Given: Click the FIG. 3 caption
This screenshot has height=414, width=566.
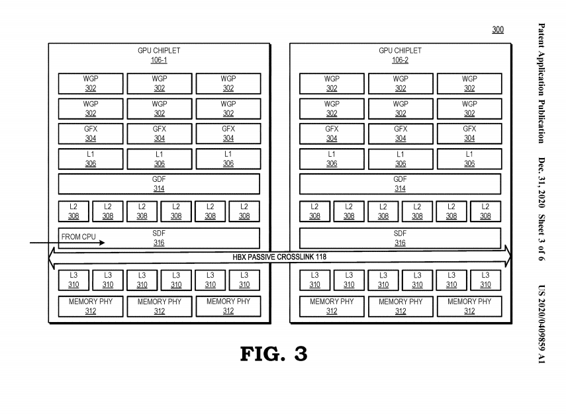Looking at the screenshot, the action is (274, 353).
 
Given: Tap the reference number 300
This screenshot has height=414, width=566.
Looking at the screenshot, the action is (498, 30).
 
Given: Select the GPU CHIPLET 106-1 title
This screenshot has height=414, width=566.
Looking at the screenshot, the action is (159, 55).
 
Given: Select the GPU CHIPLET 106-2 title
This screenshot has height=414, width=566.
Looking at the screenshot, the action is (400, 55).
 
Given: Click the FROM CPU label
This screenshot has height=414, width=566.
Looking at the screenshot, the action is (78, 237).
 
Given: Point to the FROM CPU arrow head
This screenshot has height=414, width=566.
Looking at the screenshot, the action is (102, 243).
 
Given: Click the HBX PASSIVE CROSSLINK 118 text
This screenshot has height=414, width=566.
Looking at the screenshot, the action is (279, 257).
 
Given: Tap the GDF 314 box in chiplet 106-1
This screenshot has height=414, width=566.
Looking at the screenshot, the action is (159, 184).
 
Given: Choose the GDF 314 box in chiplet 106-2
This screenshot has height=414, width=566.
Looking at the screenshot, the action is (400, 184).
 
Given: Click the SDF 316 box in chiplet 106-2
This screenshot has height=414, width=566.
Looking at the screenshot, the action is (400, 238).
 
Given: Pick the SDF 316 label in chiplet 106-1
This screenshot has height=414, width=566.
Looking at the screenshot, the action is (159, 238).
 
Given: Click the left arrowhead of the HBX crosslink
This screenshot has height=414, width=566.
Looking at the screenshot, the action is (52, 257).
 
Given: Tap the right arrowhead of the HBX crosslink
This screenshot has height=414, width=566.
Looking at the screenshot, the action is (508, 256).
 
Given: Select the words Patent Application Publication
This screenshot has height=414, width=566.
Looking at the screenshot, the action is (542, 83).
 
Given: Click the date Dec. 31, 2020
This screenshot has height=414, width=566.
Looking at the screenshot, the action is (542, 183).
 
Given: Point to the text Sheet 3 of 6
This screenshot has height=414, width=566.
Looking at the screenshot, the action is (542, 237).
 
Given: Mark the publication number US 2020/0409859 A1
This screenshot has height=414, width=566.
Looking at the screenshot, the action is (542, 324).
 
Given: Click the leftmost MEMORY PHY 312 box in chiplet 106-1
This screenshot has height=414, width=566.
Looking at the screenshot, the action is (91, 307).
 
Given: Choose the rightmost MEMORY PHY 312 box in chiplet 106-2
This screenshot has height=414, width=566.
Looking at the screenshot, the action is (469, 307).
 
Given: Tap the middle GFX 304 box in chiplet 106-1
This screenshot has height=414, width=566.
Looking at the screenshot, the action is (159, 134).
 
